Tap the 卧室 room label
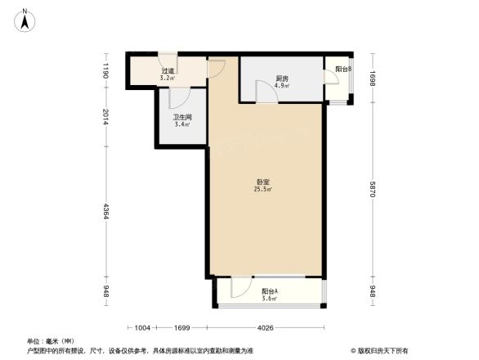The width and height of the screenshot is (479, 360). pos(263,182)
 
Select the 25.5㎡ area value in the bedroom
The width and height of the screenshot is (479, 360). pos(263,191)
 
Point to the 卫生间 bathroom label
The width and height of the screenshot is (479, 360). pos(181,118)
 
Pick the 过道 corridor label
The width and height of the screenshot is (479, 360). pos(168,71)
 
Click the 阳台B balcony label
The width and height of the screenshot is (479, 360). pos(343,70)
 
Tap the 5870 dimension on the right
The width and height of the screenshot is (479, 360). pos(373,190)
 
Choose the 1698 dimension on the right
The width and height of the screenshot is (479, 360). pos(373,79)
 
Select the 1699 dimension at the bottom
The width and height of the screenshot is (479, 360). pos(181,329)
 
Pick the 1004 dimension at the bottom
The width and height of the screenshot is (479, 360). pos(142,329)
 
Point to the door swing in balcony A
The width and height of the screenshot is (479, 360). pos(240,287)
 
